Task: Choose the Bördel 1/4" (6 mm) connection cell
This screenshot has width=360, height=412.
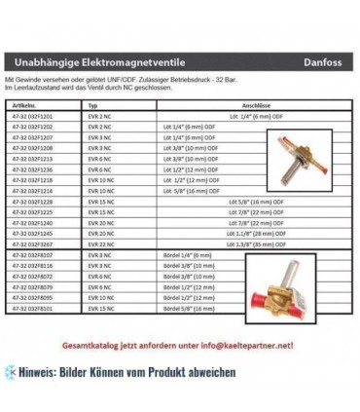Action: pyautogui.click(x=169, y=253)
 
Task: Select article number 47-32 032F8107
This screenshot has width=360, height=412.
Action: pyautogui.click(x=30, y=253)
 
